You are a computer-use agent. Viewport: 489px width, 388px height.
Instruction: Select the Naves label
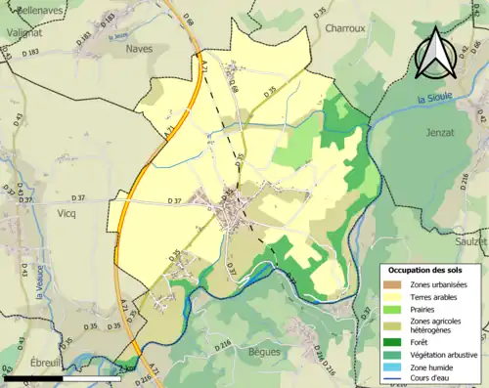[140, 47]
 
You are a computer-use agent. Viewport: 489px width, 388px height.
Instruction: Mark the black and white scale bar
[61, 376]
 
